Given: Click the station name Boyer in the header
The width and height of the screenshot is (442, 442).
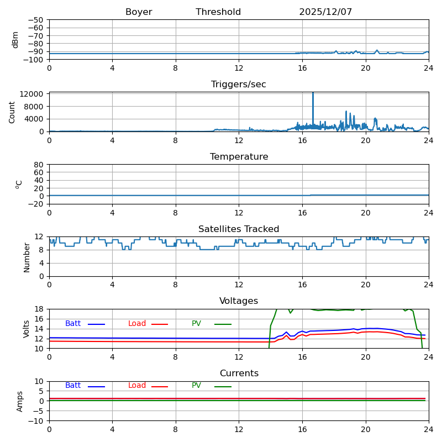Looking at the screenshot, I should coord(139,12).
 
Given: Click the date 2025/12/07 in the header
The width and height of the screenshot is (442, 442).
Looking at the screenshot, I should coord(325,12).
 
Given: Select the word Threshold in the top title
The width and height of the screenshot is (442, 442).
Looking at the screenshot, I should coord(218,12).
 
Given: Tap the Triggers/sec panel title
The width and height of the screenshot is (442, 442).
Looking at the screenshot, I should coord(239,85).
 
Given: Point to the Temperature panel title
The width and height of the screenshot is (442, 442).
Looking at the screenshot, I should coord(239,157).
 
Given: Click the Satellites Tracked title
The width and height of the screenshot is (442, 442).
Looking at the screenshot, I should coord(239,229).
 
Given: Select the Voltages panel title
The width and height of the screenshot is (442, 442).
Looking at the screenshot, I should coord(239,301).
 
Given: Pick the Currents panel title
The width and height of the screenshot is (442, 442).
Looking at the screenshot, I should coord(239,373).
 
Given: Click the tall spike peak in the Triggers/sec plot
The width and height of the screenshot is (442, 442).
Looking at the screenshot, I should coord(313,93).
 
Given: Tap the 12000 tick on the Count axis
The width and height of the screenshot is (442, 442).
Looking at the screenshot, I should coord(33,94).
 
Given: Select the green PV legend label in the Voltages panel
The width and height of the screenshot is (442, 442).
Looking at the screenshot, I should coord(196,324).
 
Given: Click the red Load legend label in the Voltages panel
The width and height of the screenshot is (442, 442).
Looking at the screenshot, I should coord(137,324).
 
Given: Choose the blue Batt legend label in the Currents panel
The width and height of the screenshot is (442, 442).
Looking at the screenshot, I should coord(73,386).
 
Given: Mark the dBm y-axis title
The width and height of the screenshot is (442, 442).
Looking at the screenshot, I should coord(15,39).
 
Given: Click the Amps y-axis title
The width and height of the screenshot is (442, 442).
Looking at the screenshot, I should coord(20,401).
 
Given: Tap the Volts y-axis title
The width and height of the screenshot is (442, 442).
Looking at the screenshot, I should coord(27,329).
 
